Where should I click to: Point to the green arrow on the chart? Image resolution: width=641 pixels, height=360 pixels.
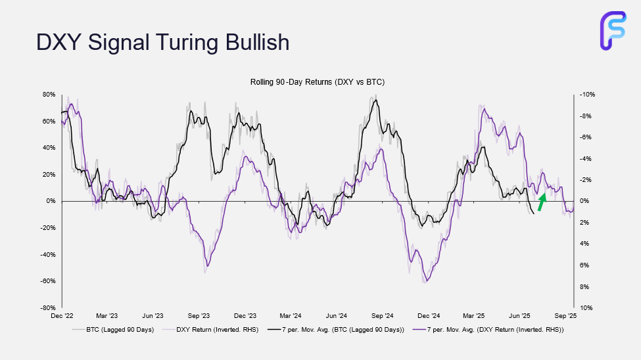pyautogui.click(x=541, y=202)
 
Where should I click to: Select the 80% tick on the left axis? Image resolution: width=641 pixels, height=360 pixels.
pyautogui.click(x=49, y=94)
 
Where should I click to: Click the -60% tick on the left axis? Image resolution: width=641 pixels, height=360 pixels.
pyautogui.click(x=49, y=281)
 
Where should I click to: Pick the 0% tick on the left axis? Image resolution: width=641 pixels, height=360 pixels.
pyautogui.click(x=51, y=201)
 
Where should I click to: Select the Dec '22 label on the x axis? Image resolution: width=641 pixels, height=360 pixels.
pyautogui.click(x=60, y=316)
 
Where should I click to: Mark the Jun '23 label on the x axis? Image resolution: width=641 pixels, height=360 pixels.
pyautogui.click(x=153, y=316)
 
